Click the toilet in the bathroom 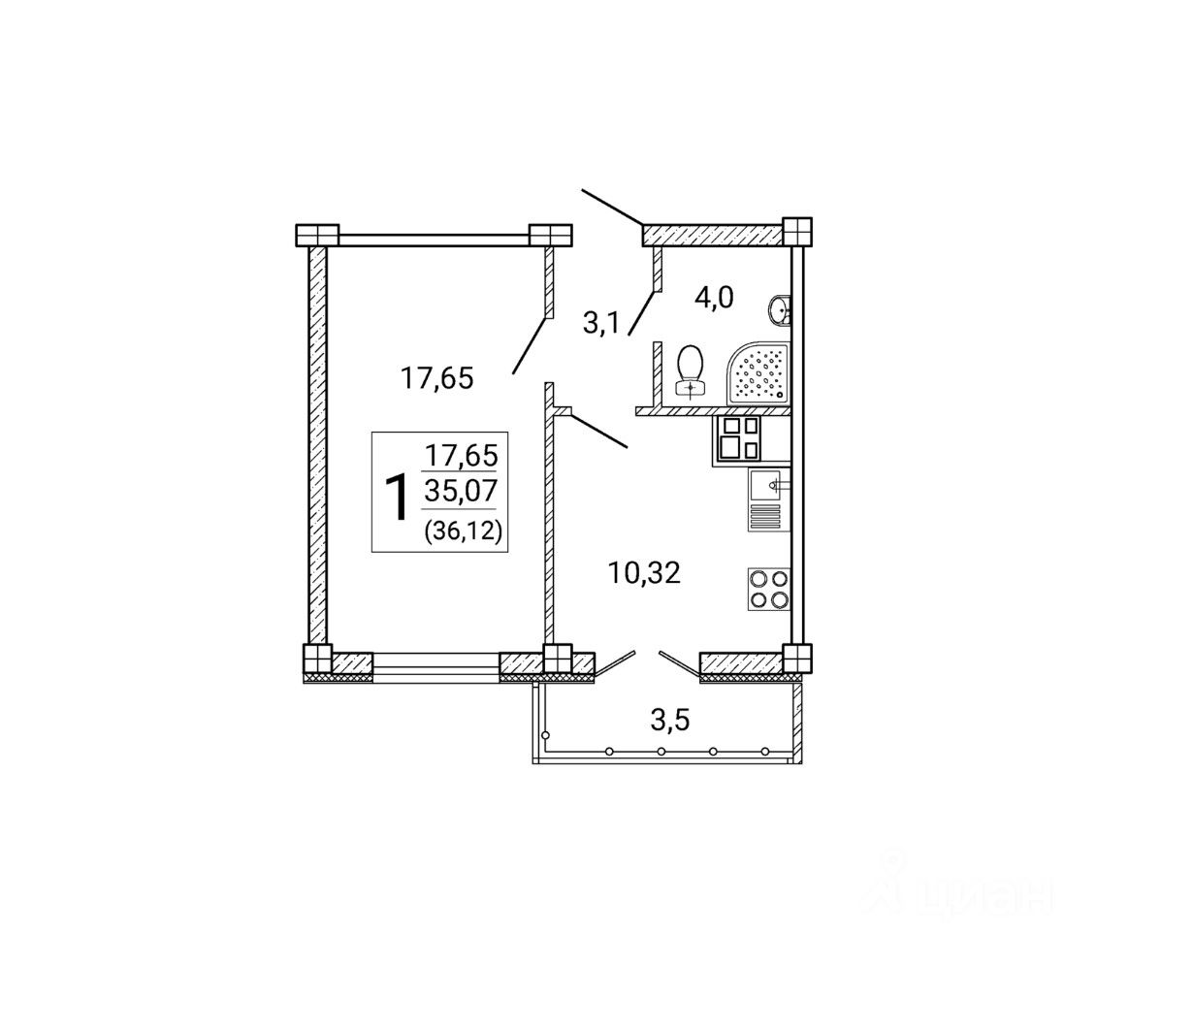[x=691, y=370]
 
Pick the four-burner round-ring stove [x=769, y=589]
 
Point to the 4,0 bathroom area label [x=714, y=299]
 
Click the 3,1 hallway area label [x=600, y=323]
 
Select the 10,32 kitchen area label [x=645, y=573]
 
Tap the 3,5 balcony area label [x=670, y=721]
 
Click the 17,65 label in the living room [x=436, y=378]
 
